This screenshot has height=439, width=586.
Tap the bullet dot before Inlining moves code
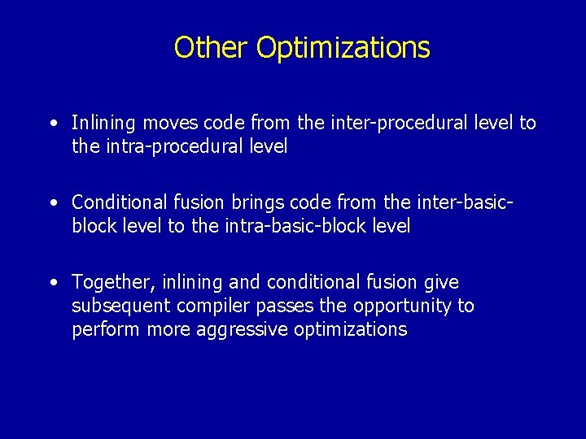click(x=53, y=124)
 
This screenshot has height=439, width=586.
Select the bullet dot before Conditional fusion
click(x=53, y=202)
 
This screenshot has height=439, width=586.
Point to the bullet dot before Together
click(x=53, y=282)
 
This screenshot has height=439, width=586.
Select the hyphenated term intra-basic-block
click(x=284, y=226)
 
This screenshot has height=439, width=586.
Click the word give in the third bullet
click(x=441, y=282)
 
